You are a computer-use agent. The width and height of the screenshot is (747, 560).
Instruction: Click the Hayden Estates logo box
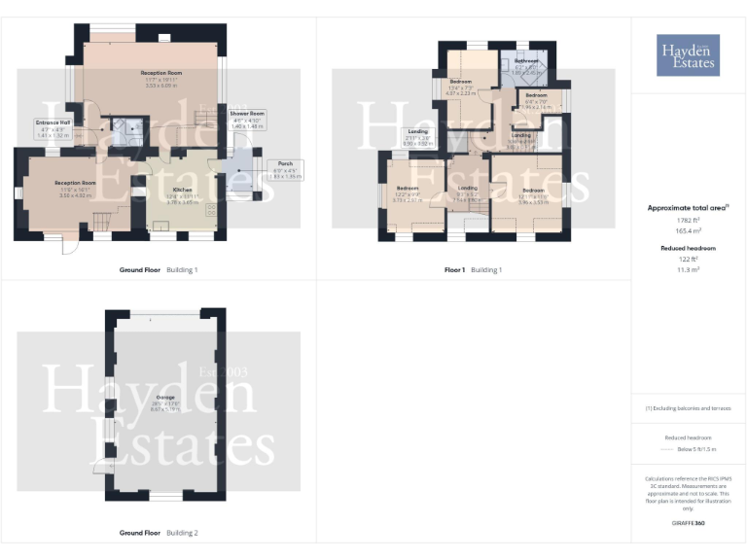[689, 54]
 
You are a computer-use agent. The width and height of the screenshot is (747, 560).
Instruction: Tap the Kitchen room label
[182, 190]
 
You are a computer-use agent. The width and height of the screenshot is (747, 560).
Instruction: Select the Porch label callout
[283, 163]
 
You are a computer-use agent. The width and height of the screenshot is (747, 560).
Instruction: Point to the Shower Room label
[247, 114]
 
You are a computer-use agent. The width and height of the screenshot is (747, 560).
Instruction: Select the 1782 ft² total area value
[688, 220]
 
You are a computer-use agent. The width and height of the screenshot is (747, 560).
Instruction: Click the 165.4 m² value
[688, 231]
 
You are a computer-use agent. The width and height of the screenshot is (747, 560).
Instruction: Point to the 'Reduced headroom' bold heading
[688, 248]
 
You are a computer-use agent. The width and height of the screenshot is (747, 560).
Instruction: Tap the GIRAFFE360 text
[688, 524]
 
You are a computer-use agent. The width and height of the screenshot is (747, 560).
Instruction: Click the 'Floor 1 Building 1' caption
[473, 269]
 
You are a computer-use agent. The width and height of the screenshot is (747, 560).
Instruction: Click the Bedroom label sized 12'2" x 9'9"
[407, 188]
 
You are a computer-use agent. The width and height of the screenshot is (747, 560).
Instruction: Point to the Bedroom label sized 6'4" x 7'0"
[537, 95]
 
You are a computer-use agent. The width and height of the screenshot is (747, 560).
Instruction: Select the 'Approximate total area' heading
[688, 207]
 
